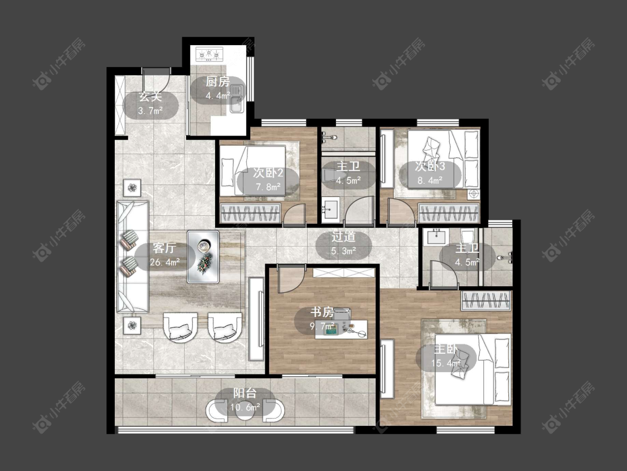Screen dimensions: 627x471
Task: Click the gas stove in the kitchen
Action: [209, 55]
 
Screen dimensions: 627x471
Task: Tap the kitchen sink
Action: [237, 99]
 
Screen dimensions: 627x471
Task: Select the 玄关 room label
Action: [150, 97]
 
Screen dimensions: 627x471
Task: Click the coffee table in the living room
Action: [203, 257]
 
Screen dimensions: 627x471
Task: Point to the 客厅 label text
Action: [164, 248]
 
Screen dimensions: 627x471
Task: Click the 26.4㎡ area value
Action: [165, 263]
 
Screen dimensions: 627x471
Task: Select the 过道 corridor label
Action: [343, 237]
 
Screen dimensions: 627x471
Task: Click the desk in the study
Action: [341, 329]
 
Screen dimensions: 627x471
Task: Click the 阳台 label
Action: [245, 393]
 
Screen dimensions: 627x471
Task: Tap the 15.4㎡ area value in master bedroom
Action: [446, 364]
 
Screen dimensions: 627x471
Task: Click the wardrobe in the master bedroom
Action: [486, 301]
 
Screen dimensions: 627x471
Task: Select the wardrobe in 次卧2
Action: [251, 213]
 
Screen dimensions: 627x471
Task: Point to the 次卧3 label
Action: [430, 166]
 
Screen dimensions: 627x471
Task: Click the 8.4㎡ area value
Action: [430, 181]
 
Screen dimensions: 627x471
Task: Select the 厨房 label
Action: [218, 82]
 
